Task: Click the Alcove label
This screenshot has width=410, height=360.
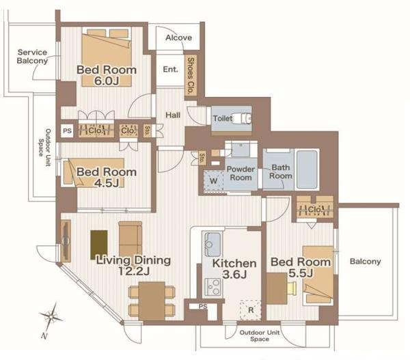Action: [178, 38]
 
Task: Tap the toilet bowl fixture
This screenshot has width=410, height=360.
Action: [242, 118]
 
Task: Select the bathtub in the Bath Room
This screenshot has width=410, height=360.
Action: [307, 169]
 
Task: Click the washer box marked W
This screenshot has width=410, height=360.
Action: [214, 180]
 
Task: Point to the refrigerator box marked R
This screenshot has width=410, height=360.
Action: [251, 310]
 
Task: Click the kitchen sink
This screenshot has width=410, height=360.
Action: [213, 244]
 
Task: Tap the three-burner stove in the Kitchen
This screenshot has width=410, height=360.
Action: [213, 287]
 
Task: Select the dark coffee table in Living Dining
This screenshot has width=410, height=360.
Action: [99, 245]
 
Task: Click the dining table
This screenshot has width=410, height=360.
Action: [152, 301]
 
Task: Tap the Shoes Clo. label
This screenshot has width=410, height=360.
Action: [191, 76]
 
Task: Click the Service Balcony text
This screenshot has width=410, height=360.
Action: [32, 57]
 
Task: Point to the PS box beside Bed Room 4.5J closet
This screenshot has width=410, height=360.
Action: [67, 130]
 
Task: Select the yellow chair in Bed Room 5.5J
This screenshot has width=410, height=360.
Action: [292, 288]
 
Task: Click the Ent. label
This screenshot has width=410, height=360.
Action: [170, 69]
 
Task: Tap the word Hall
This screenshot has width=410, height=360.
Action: [173, 115]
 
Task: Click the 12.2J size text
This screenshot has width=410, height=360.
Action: [134, 271]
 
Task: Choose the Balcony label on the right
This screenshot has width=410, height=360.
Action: [366, 262]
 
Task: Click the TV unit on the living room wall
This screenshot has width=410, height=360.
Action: [66, 240]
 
